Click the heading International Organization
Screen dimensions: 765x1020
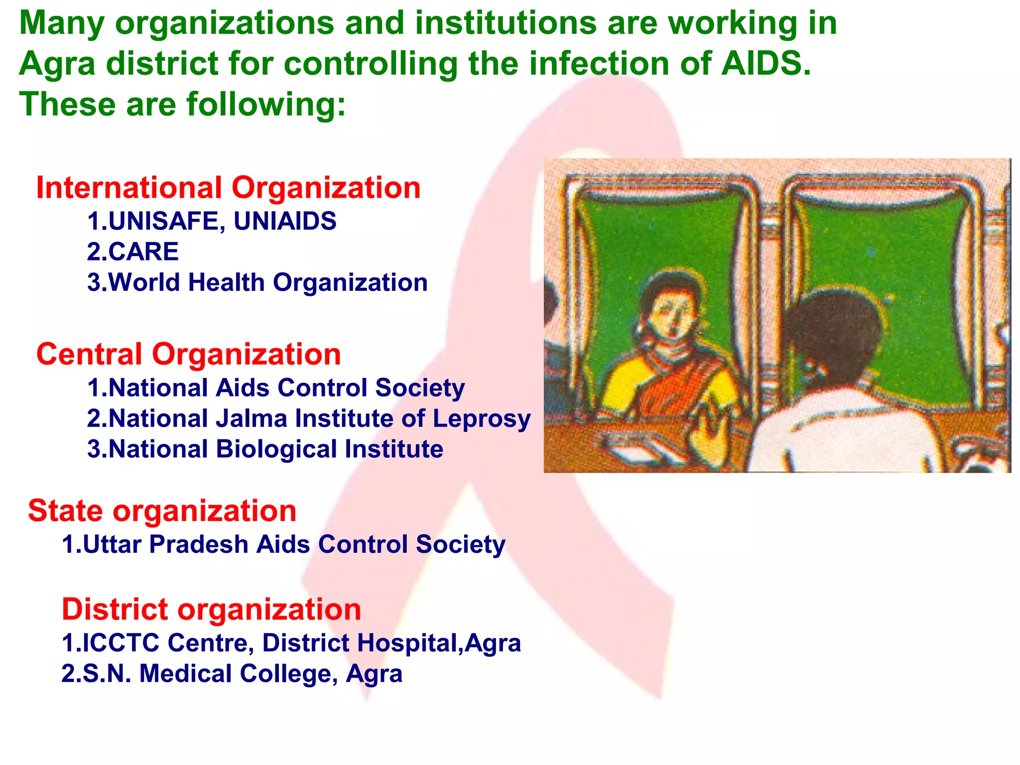[x=228, y=188]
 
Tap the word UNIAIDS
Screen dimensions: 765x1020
[x=285, y=221]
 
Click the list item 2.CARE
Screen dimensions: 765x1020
[x=132, y=252]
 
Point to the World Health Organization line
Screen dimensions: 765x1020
[x=257, y=282]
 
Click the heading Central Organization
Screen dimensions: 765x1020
[x=188, y=355]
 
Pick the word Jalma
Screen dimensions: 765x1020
[x=252, y=418]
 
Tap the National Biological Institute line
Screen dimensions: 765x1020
[x=265, y=449]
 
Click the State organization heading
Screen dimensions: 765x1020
[x=162, y=511]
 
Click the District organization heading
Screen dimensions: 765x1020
[x=211, y=610]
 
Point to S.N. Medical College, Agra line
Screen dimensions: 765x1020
[x=232, y=674]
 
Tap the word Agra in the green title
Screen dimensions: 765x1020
[x=57, y=65]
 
